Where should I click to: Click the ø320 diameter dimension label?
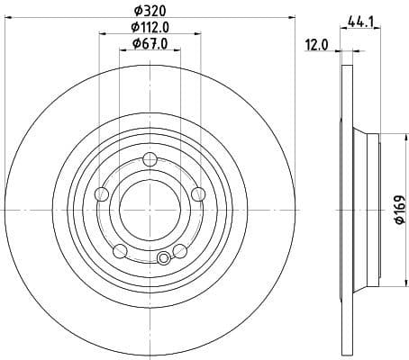click(150, 12)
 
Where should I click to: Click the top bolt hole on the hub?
click(150, 161)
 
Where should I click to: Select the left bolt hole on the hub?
click(102, 195)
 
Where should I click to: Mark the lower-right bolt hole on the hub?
click(180, 251)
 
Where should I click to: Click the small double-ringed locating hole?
click(163, 260)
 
